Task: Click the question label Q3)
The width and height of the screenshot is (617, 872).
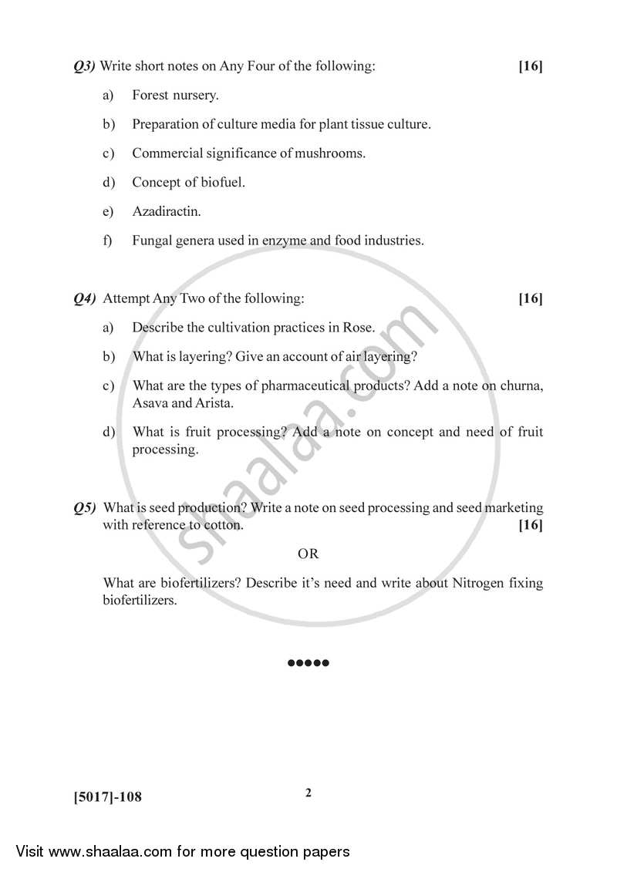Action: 84,66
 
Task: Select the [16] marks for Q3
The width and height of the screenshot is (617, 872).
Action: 531,66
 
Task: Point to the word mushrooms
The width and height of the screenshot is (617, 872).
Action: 329,153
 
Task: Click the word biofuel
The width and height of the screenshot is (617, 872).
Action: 221,182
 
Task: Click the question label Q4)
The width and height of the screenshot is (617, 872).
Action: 84,298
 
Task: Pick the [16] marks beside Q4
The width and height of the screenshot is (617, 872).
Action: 531,298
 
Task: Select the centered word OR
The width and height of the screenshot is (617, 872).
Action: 308,554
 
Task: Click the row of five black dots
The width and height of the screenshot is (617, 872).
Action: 308,663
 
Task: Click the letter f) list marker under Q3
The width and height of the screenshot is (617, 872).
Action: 108,241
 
